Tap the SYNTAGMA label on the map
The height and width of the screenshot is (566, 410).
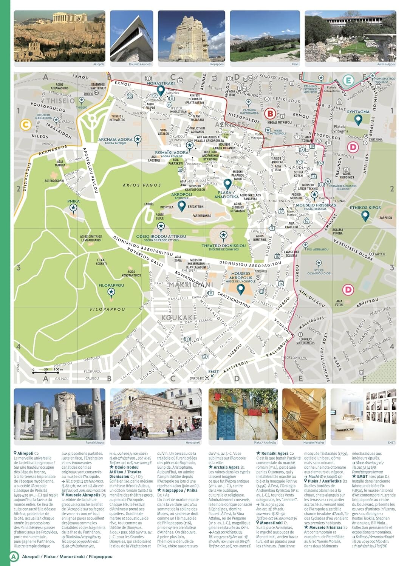coord(358,112)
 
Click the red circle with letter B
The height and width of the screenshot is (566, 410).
coord(270,113)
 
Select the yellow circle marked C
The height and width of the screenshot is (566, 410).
coord(26,125)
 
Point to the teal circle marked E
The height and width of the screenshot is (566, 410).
coord(348,80)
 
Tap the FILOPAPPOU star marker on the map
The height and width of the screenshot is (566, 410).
coord(111,292)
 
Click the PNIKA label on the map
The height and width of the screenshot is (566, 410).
coord(73,201)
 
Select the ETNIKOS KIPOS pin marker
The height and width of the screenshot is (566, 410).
coord(365,215)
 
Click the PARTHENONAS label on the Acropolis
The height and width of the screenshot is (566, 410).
coord(201,216)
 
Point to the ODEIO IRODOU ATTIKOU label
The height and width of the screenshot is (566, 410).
coord(161,237)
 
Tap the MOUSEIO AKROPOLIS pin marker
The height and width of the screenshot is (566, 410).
coord(240,289)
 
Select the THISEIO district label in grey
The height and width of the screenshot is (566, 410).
coord(60,101)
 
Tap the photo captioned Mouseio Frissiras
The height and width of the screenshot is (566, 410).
coord(304,414)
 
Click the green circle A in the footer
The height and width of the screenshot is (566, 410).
coord(14,556)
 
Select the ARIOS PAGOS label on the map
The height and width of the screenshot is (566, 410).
coord(142,185)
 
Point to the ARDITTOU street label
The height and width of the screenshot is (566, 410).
coord(367,302)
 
